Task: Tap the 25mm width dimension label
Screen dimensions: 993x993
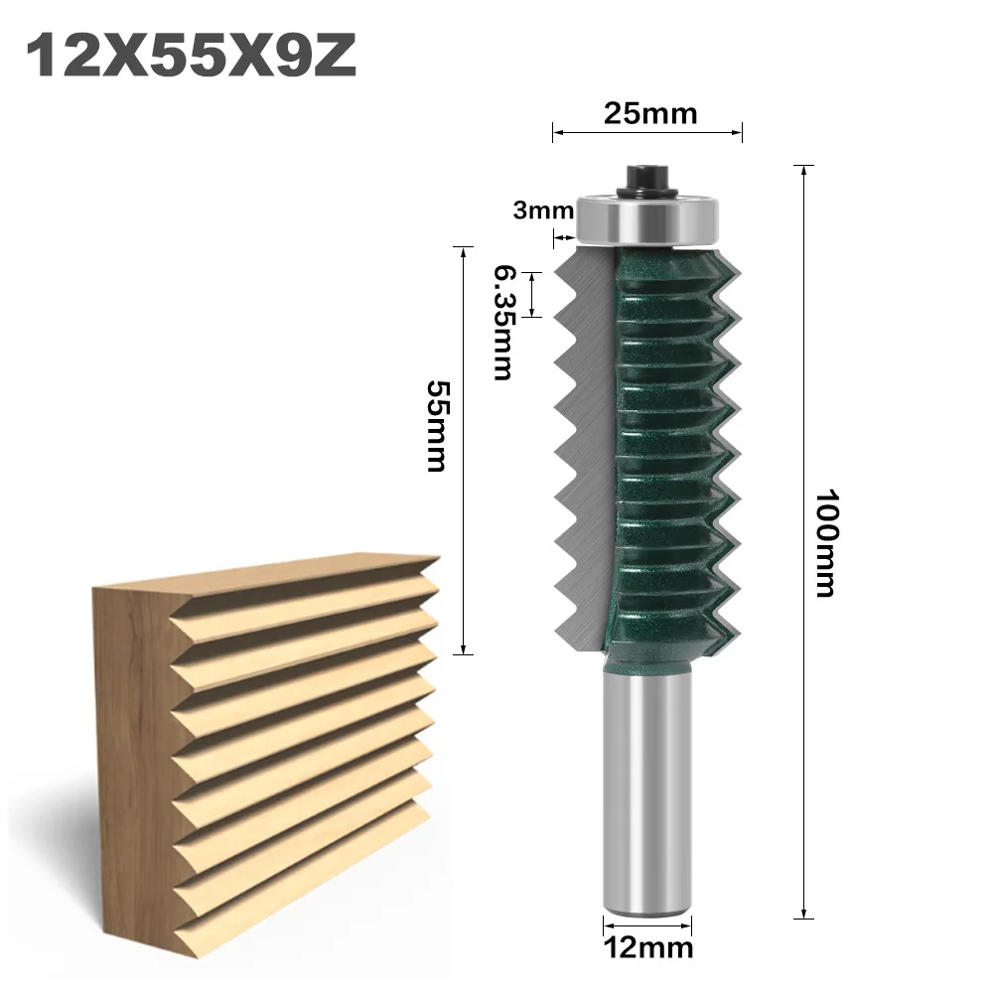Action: (x=650, y=112)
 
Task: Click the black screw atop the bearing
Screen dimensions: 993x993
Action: (x=647, y=179)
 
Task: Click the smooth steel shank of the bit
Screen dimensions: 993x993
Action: (x=647, y=784)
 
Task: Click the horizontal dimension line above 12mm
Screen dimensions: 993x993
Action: (x=647, y=921)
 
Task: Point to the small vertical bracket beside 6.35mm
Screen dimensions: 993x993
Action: (x=534, y=294)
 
